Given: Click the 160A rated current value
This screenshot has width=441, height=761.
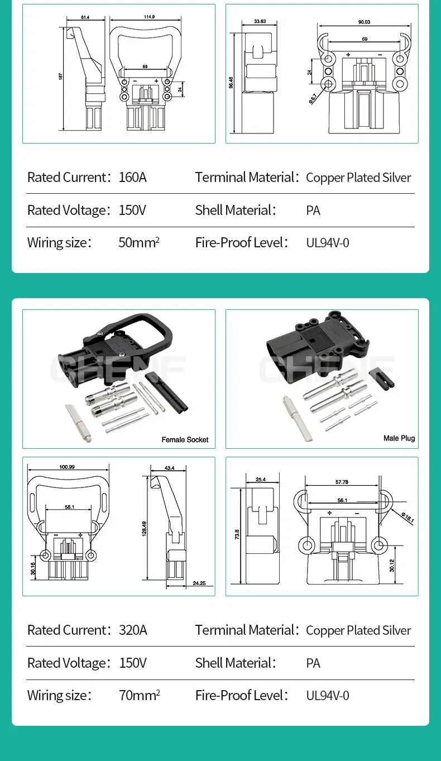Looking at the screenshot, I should click(132, 178).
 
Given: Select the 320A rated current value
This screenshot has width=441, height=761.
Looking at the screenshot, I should click(133, 630).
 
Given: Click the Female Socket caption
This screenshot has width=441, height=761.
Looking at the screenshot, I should click(185, 440).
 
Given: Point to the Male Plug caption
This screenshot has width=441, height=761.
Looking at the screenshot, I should click(399, 438).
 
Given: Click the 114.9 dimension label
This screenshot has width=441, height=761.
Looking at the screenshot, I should click(149, 17).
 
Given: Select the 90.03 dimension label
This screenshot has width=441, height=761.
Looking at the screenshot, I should click(364, 22).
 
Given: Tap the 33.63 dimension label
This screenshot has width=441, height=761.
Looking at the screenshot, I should click(260, 22).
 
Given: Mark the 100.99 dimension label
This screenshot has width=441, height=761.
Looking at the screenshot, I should click(67, 467).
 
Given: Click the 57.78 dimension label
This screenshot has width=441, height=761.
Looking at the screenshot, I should click(342, 482).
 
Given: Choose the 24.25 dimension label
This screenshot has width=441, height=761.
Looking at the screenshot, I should click(199, 583).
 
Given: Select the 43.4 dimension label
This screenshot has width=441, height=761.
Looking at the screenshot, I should click(170, 468).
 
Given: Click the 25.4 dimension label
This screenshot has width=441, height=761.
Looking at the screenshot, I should click(261, 480).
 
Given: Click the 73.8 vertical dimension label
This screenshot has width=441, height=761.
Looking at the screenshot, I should click(237, 534).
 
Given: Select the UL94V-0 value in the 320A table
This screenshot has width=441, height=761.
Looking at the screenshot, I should click(328, 696).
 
